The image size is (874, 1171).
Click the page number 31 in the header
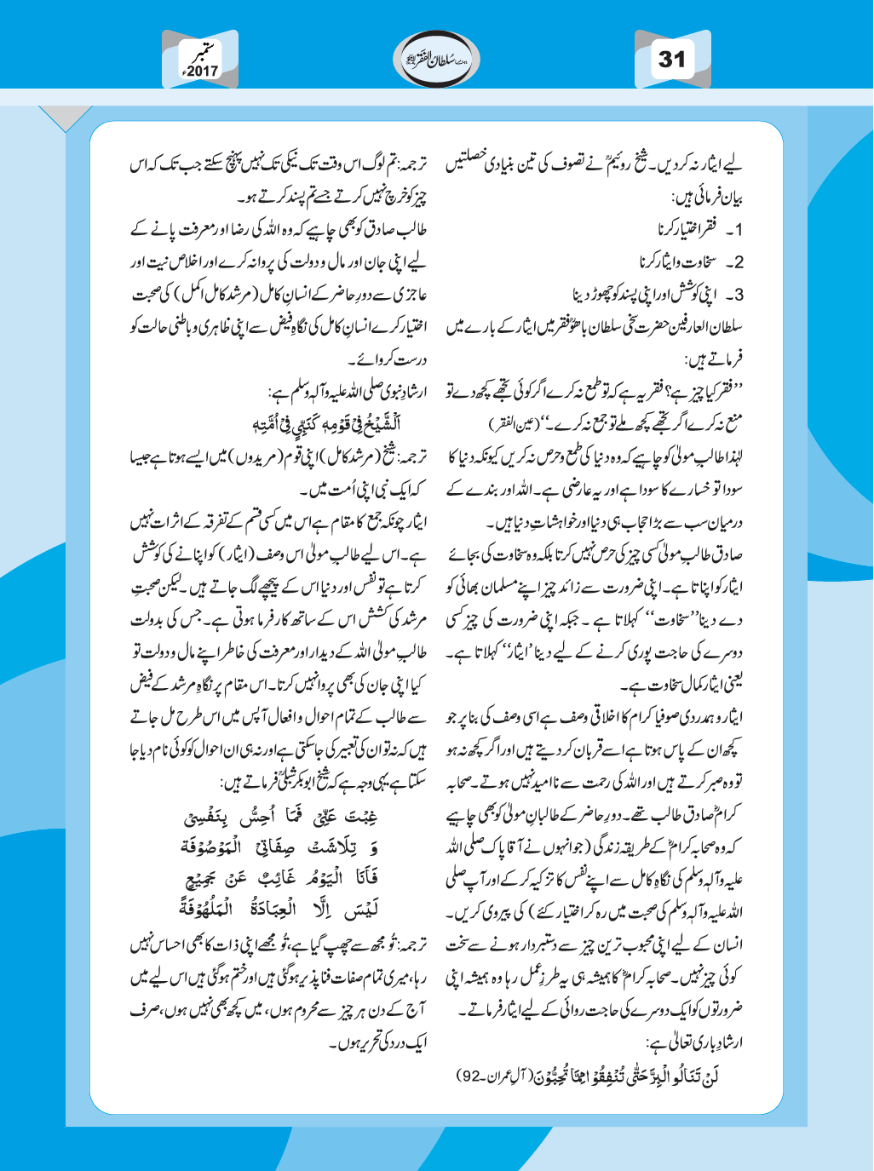[x=672, y=60]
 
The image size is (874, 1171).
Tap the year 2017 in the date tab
[x=203, y=72]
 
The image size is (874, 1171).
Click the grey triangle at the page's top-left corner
[x=65, y=118]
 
